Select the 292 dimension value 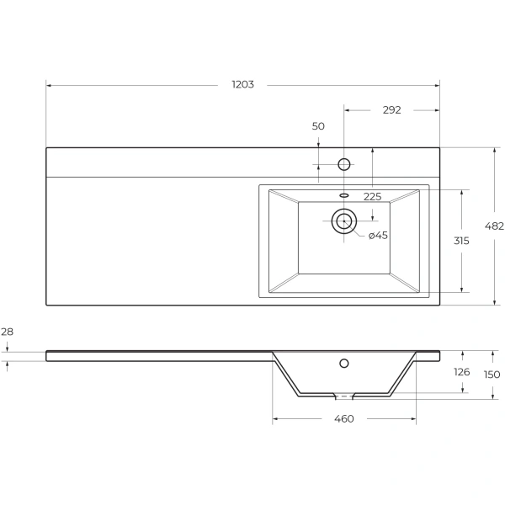[x=391, y=109]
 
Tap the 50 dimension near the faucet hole [x=318, y=126]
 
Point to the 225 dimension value [x=372, y=196]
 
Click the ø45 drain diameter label [x=378, y=235]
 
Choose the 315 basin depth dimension [x=461, y=241]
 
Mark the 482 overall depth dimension [x=495, y=226]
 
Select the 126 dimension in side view [x=461, y=371]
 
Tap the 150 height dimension [x=492, y=374]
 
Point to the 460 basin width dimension [x=343, y=418]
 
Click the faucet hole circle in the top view [x=343, y=163]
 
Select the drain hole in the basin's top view [x=343, y=221]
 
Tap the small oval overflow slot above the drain [x=343, y=195]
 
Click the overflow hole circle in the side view [x=343, y=364]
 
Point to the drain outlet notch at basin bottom [x=343, y=394]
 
